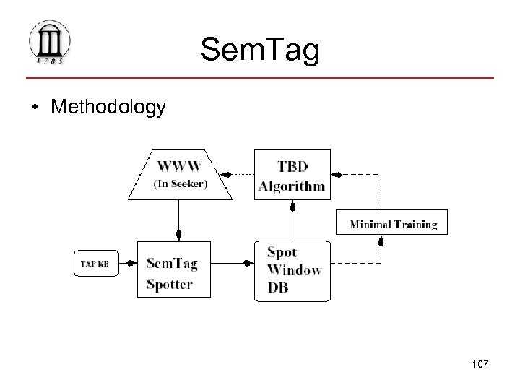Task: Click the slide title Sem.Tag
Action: pyautogui.click(x=259, y=50)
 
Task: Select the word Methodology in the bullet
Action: pyautogui.click(x=108, y=108)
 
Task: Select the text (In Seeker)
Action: pyautogui.click(x=180, y=184)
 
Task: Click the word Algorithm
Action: pyautogui.click(x=292, y=186)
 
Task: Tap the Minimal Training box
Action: pyautogui.click(x=393, y=224)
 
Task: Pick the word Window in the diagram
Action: pyautogui.click(x=294, y=270)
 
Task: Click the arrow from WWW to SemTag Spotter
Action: pyautogui.click(x=179, y=220)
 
